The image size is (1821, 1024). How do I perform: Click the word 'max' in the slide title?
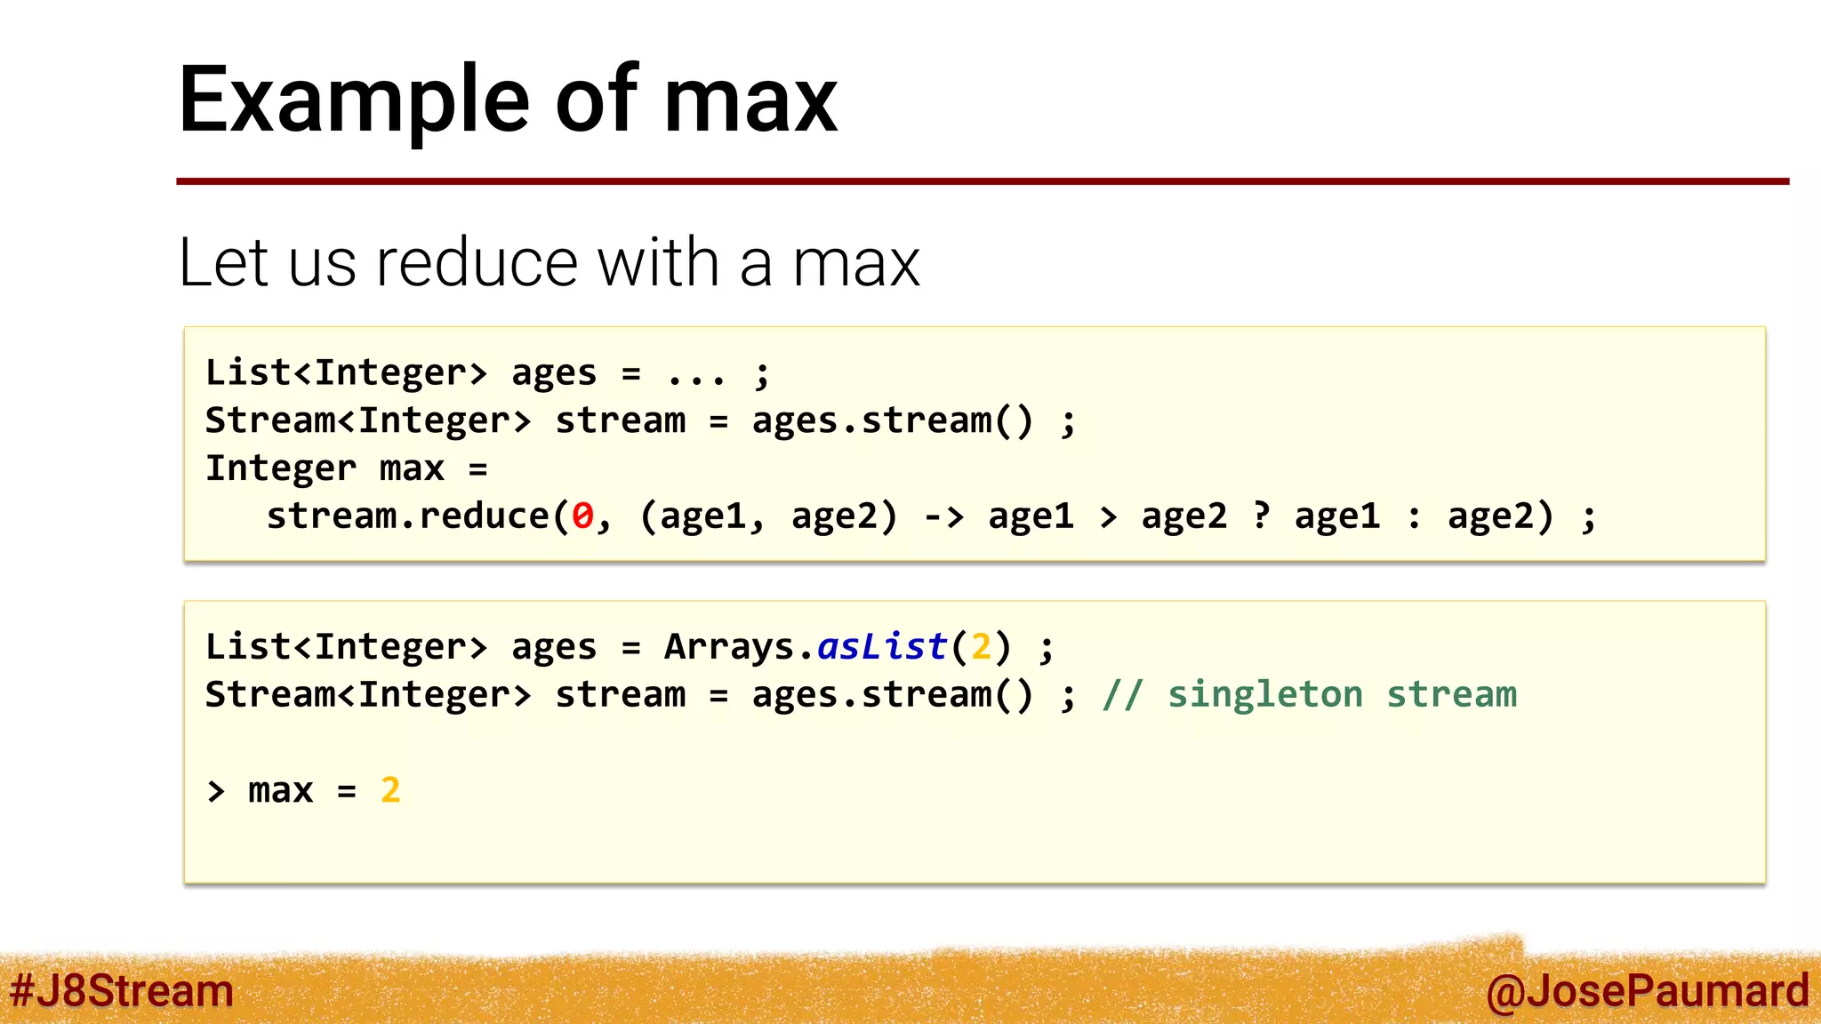click(x=750, y=102)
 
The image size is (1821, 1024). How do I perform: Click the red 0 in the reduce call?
click(x=582, y=516)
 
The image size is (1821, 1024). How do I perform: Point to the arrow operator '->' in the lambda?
click(x=943, y=516)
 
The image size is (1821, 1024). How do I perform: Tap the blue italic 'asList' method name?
click(x=882, y=646)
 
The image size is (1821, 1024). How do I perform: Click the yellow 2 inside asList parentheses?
click(x=981, y=647)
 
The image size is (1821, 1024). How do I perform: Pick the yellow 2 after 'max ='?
click(x=390, y=790)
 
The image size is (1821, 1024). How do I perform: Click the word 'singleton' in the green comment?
click(x=1264, y=694)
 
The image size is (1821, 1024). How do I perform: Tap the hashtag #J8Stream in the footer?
click(x=122, y=990)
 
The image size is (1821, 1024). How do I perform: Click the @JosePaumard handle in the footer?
click(x=1647, y=991)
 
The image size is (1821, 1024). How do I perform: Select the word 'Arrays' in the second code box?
click(x=729, y=647)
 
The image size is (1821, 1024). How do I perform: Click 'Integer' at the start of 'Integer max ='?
click(x=281, y=468)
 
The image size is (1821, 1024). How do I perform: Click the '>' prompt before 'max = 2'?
click(x=216, y=791)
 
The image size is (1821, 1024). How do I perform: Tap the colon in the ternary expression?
click(x=1414, y=517)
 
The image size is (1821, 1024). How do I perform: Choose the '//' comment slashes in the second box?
click(x=1122, y=694)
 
